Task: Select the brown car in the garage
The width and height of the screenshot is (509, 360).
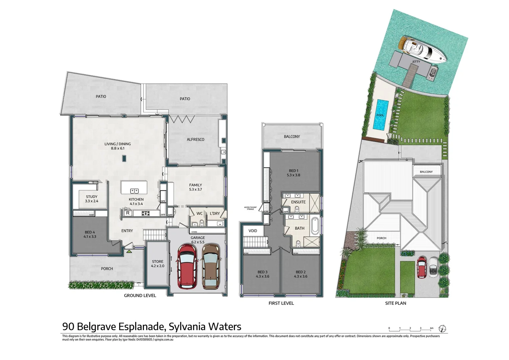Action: (x=211, y=266)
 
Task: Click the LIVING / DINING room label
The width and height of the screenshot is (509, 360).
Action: (x=118, y=146)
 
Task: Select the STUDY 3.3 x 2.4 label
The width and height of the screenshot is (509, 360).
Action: (x=92, y=199)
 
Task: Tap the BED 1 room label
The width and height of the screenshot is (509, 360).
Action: (x=293, y=173)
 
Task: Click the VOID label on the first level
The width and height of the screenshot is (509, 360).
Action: (x=253, y=231)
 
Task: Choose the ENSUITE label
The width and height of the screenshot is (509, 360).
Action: (x=298, y=202)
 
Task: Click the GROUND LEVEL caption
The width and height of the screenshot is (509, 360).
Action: (x=140, y=295)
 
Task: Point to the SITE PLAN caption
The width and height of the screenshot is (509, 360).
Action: (x=395, y=303)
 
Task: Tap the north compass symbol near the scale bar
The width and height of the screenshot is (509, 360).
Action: (x=442, y=328)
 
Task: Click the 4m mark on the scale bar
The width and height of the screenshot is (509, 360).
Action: (x=431, y=328)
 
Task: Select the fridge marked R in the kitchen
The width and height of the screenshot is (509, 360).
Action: (x=128, y=213)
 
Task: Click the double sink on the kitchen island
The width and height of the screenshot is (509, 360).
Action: (x=135, y=191)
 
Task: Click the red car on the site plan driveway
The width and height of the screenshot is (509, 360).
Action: (x=422, y=267)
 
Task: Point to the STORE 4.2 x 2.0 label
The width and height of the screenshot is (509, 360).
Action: (x=158, y=264)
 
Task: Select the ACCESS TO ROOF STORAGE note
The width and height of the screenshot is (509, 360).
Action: (x=250, y=208)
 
